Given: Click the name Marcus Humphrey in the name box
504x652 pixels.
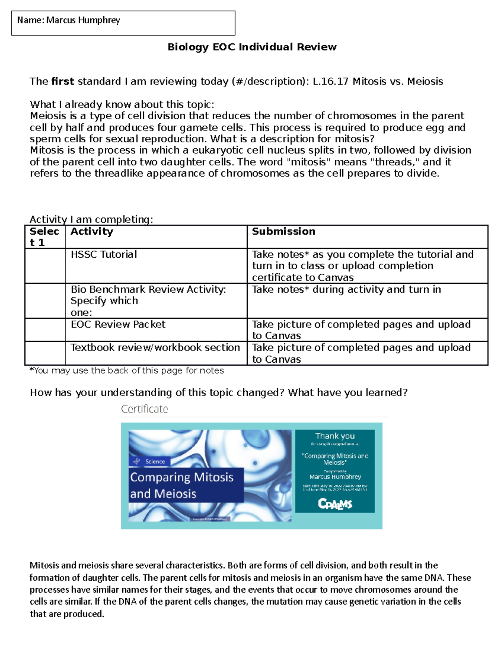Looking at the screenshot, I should point(83,20).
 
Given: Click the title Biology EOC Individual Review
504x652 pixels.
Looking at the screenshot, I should point(252,47).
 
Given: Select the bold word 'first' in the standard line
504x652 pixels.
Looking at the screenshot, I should point(63,81).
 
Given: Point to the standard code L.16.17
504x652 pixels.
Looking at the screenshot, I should point(330,81).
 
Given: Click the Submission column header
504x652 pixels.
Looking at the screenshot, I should point(283,231).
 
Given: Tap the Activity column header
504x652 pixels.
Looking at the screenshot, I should point(92,231).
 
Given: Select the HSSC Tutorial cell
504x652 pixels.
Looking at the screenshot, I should point(104,254).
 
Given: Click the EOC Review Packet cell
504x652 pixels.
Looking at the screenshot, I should point(118,324).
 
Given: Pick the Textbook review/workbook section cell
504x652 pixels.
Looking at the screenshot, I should point(155,348).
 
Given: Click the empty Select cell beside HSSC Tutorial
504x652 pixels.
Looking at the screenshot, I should point(45,266).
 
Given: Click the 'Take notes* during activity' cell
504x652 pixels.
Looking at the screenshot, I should point(346,289).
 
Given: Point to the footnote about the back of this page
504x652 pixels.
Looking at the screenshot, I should point(126,370).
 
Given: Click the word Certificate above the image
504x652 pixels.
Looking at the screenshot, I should point(144,409).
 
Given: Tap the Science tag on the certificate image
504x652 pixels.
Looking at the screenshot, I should point(150,461).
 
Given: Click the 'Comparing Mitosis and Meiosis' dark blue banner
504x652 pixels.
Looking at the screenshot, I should point(182,485).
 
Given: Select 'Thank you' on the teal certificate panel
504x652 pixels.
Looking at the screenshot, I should point(335,436).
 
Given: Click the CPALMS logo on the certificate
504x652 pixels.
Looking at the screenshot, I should point(335,503).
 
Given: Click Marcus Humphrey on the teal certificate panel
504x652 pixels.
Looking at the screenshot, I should point(335,477).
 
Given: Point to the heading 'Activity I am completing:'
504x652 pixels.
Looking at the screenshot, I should point(91,219).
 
